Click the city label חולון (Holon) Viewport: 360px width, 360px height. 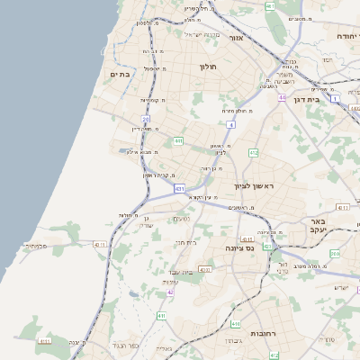(209, 66)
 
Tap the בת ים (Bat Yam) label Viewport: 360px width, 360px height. (121, 74)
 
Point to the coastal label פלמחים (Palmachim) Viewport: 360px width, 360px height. (36, 245)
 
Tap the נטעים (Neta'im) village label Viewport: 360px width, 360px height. (181, 218)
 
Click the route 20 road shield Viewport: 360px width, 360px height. (145, 118)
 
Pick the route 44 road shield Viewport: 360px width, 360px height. (282, 97)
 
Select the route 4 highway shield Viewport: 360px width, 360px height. (231, 124)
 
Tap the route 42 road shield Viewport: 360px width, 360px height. (169, 292)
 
